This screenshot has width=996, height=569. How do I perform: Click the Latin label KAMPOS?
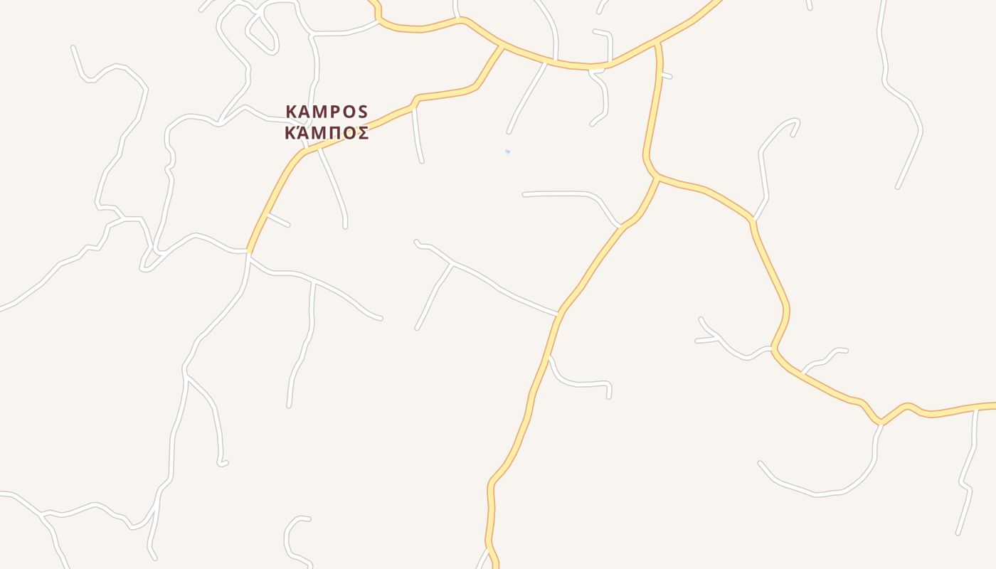tap(327, 112)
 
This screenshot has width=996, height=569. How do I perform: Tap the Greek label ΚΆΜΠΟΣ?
tap(327, 133)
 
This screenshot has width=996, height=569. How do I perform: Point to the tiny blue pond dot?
tap(507, 151)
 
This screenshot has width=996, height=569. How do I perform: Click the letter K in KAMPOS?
tap(291, 112)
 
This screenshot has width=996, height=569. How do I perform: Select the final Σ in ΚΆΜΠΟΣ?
tap(362, 133)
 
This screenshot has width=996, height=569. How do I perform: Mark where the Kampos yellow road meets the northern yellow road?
tap(502, 46)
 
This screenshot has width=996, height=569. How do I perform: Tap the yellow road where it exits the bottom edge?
tap(495, 565)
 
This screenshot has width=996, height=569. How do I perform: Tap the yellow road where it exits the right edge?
tap(992, 405)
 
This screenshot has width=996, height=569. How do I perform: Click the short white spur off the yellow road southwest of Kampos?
tap(278, 220)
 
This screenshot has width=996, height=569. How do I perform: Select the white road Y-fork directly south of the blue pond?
tap(452, 263)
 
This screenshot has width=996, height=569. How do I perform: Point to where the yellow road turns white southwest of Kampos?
tap(248, 252)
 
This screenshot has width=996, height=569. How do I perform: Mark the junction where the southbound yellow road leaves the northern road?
tap(659, 44)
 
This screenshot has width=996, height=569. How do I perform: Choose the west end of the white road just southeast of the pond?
tap(525, 194)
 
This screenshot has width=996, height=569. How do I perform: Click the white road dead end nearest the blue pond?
tap(509, 132)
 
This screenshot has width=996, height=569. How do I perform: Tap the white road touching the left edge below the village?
tap(3, 309)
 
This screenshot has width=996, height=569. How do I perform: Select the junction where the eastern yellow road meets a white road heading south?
tap(881, 423)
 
